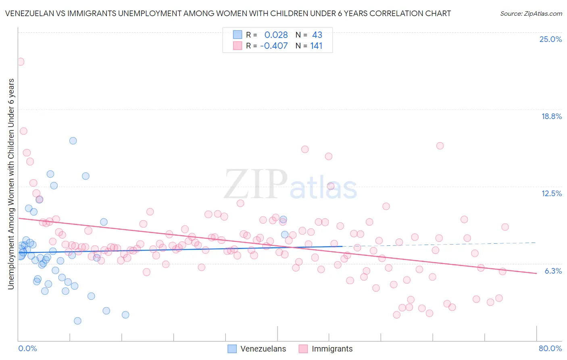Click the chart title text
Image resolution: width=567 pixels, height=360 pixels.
(228, 13)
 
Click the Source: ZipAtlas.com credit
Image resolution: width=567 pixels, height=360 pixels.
(531, 13)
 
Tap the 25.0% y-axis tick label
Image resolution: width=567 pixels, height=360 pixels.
(550, 39)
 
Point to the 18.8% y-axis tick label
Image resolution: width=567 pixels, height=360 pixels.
(551, 116)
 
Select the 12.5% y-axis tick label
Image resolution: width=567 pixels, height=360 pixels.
(551, 193)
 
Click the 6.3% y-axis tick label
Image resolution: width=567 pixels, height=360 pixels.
(553, 271)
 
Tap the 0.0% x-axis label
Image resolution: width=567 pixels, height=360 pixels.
(27, 348)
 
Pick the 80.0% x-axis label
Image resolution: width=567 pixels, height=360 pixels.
(550, 348)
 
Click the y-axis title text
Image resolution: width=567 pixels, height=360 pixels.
(11, 184)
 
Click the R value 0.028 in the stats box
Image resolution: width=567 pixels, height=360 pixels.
(276, 35)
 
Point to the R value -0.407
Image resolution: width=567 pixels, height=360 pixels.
(274, 46)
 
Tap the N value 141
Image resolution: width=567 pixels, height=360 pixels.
(316, 46)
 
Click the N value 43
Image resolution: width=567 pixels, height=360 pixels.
(317, 35)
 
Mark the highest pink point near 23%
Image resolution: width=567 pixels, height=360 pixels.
(20, 62)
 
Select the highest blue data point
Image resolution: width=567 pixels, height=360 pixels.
(73, 140)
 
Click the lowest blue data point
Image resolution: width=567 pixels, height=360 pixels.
(77, 321)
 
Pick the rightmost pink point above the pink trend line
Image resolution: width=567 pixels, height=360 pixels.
(505, 227)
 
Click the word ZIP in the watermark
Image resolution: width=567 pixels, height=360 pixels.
(256, 184)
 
